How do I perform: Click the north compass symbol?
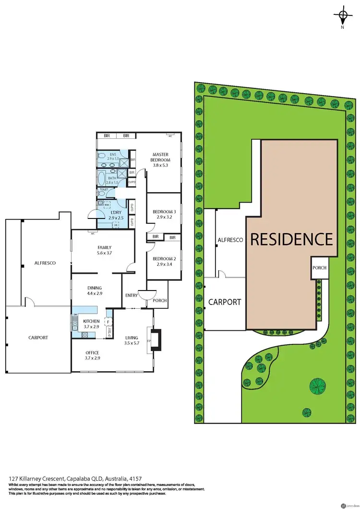click(342, 16)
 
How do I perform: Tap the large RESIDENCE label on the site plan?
click(291, 239)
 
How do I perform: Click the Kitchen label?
click(91, 321)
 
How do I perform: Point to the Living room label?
click(132, 338)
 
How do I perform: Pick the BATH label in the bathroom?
click(112, 179)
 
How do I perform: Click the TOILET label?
click(104, 190)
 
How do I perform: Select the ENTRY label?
click(131, 295)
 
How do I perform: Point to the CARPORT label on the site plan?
click(225, 302)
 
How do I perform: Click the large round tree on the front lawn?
click(316, 386)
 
